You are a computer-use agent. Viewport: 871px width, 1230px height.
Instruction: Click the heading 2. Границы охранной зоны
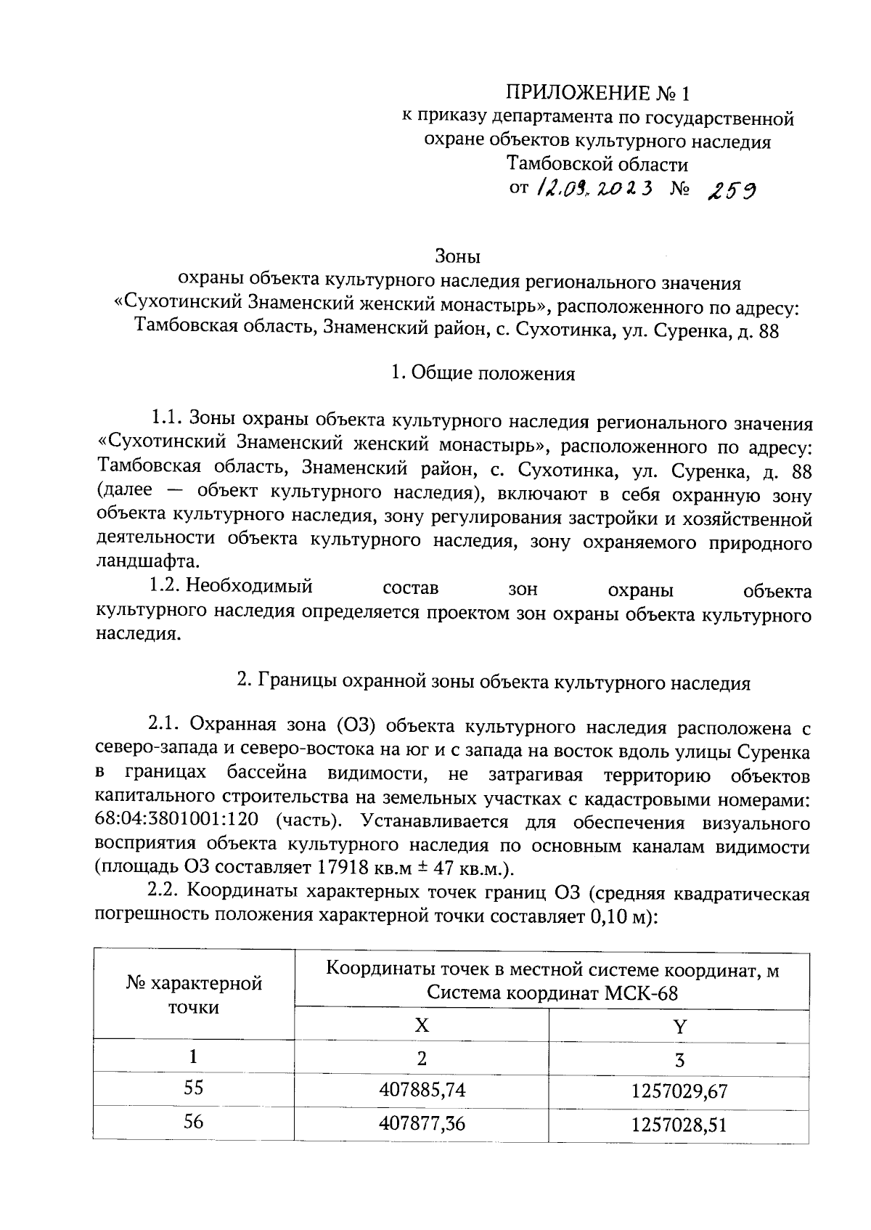pos(494,683)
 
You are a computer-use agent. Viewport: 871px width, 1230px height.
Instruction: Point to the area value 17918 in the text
pos(338,868)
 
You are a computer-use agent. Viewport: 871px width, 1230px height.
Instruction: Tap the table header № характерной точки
pos(195,995)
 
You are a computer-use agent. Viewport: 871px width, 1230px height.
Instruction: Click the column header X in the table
pos(421,1025)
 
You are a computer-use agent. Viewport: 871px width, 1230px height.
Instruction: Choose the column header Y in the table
pos(679,1027)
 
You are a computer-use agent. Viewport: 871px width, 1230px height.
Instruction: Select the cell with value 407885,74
pos(422,1089)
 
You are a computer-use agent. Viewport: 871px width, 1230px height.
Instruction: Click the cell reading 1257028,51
pos(679,1125)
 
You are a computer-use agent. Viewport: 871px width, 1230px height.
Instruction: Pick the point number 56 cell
pos(193,1123)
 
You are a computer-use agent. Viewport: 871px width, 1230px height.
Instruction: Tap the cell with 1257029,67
pos(679,1091)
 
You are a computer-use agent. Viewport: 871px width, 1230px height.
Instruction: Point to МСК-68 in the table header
pos(642,993)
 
